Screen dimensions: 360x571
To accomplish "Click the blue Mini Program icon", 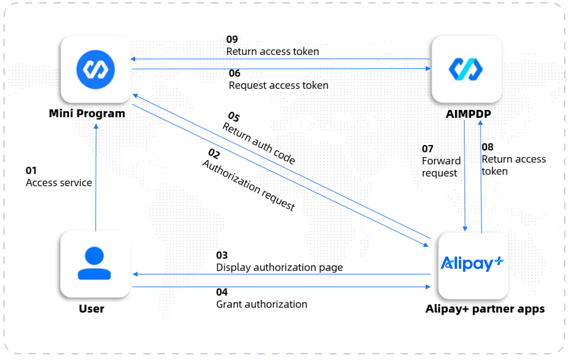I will click(x=95, y=69).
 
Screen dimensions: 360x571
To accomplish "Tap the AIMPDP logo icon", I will click(x=465, y=69).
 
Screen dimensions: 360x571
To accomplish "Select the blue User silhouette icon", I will click(x=94, y=263).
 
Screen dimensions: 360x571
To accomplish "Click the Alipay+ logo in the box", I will click(x=472, y=264).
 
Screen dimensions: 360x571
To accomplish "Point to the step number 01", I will click(x=31, y=171).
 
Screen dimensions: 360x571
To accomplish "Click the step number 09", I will click(x=232, y=39).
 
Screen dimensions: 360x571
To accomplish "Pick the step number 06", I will click(x=235, y=73).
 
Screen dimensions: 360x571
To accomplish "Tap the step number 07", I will click(x=428, y=149).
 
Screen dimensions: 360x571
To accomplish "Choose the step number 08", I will click(x=487, y=147).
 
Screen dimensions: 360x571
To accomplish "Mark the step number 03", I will click(x=222, y=255).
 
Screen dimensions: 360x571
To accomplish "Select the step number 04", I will click(x=222, y=292).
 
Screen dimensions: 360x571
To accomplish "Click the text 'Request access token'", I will click(x=278, y=86).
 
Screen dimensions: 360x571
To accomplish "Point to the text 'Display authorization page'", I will click(x=279, y=268).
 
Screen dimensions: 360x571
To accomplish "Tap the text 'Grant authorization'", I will click(x=262, y=305).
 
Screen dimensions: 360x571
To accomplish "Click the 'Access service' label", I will click(x=59, y=183).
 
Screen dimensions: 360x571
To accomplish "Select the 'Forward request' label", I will click(x=440, y=167).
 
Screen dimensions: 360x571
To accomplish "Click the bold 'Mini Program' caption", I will click(x=87, y=114).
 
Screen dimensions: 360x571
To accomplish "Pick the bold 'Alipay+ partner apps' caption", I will click(x=485, y=309).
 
